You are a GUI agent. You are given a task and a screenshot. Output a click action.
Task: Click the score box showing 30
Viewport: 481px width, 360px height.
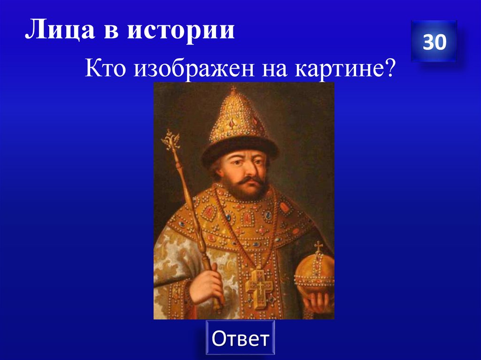(434, 42)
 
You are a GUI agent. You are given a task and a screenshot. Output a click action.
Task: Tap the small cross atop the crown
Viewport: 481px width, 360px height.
(233, 89)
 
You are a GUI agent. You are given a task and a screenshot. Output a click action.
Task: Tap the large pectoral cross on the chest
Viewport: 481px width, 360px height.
(257, 286)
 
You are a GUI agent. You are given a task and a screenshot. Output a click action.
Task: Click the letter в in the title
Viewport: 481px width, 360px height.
(106, 32)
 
